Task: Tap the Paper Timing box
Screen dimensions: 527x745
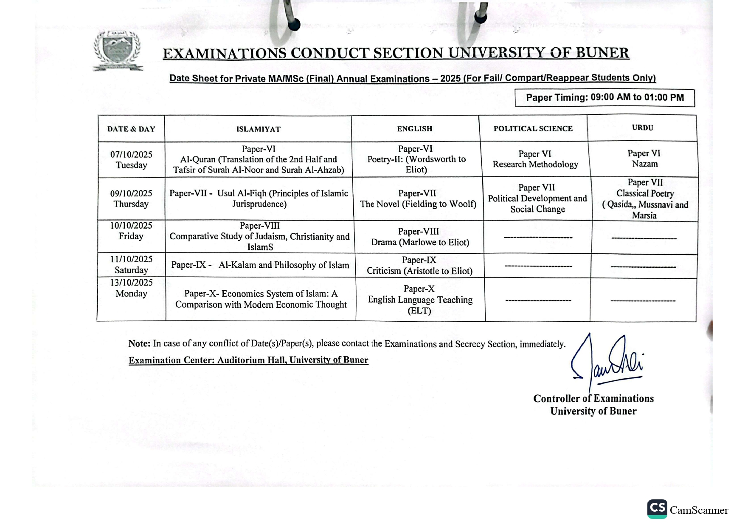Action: click(604, 98)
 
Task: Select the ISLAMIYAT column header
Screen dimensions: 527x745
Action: click(258, 129)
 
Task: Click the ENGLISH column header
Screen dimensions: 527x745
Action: click(415, 129)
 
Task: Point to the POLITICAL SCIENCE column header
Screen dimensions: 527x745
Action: click(533, 129)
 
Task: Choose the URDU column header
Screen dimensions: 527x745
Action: click(642, 128)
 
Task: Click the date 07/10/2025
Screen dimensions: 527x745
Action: click(131, 155)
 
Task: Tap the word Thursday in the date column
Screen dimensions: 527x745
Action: click(131, 204)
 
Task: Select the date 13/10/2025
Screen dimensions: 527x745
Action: click(132, 283)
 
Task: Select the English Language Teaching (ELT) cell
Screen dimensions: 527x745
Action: click(420, 300)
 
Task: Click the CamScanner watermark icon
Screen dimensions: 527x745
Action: click(657, 509)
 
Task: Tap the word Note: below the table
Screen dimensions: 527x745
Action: click(139, 344)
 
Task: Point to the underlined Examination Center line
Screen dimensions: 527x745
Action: click(248, 360)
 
